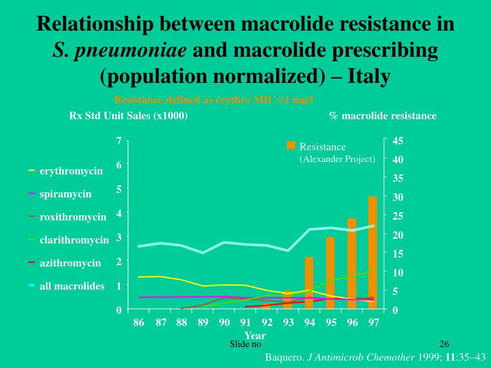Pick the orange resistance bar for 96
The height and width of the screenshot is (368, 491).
point(351,261)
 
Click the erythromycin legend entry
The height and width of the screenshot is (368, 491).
point(71,171)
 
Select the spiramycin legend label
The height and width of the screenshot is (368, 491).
point(65,194)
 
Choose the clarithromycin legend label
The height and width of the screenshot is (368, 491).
point(74,240)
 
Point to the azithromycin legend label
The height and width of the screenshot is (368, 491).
point(70,263)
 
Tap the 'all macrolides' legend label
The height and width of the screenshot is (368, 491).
point(72,286)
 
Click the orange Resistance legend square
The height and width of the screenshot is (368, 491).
point(291,146)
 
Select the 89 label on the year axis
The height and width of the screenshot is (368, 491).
point(203,322)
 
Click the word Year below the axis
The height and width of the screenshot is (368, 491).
point(255,335)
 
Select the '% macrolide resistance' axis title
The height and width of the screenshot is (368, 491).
point(383,116)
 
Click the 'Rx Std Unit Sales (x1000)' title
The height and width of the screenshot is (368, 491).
point(129,116)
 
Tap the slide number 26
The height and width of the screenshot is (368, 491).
point(444,344)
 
